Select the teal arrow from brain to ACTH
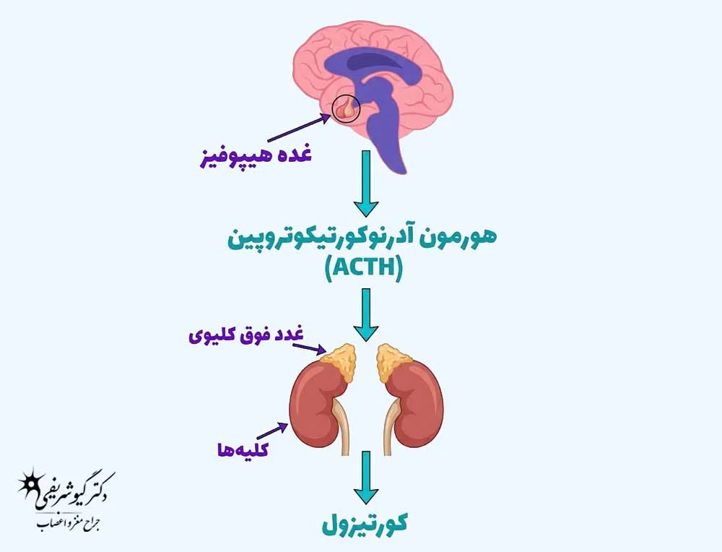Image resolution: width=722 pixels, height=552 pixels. (366, 183)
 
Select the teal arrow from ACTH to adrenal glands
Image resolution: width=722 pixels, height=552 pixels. (366, 315)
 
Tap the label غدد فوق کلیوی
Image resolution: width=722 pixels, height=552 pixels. (246, 335)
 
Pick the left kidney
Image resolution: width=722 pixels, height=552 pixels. (318, 405)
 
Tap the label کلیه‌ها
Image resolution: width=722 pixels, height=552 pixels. (243, 449)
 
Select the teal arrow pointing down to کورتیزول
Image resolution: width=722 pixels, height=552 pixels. (366, 478)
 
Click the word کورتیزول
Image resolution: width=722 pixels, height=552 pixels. (365, 525)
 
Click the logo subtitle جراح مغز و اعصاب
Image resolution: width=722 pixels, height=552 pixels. (69, 525)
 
